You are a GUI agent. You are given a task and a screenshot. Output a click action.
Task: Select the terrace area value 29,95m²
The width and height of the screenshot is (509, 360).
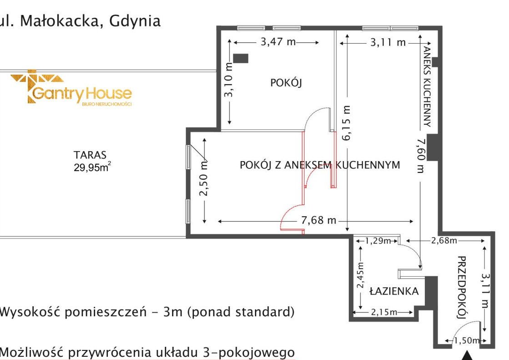92,167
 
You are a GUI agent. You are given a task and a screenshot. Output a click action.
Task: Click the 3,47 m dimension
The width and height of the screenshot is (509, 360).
278,42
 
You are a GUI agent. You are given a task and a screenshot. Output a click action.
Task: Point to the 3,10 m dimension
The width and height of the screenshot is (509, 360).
229,80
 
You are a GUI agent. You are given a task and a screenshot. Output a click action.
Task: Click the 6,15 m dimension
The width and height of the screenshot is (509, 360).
346,123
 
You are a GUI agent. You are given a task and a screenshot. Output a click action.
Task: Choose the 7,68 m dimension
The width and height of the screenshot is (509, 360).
318,220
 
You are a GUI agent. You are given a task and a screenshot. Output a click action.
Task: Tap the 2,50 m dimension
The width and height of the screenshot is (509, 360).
204,179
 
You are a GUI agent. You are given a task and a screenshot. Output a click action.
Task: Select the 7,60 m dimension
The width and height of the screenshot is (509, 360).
421,156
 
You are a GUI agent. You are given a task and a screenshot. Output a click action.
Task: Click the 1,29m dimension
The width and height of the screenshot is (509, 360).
378,241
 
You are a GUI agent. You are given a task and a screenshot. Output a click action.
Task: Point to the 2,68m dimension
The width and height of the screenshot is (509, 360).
444,241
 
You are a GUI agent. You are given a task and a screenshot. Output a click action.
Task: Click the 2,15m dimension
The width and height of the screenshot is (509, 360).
384,312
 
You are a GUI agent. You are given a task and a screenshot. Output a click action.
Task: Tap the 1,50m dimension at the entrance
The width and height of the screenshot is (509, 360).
466,340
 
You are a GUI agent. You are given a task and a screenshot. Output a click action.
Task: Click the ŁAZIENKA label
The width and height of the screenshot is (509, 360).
394,291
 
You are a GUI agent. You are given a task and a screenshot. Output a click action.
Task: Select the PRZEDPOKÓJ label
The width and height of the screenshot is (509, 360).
462,288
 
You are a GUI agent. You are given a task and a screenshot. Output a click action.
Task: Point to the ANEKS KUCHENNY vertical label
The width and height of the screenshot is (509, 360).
427,86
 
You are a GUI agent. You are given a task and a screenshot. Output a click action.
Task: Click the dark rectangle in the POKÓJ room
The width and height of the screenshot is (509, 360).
241,58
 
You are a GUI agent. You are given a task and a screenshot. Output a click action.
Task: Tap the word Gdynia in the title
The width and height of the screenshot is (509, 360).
135,21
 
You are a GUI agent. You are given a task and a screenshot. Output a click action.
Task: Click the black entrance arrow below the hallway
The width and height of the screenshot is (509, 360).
467,355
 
